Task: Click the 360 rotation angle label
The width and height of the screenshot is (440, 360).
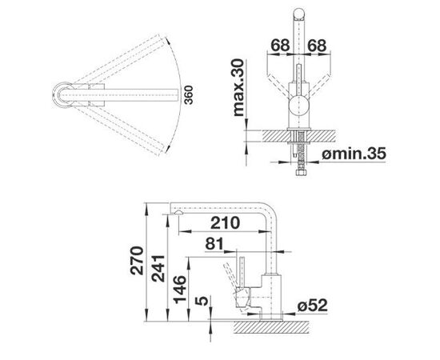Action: (189, 95)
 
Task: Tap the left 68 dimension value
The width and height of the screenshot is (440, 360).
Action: (280, 45)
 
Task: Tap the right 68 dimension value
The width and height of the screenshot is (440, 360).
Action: (317, 45)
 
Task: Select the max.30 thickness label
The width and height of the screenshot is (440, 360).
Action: (239, 87)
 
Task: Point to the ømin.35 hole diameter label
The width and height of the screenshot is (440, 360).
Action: (354, 154)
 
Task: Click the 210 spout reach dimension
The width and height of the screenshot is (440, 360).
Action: (225, 222)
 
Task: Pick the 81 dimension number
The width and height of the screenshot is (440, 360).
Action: (214, 244)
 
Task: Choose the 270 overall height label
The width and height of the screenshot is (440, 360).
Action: (137, 260)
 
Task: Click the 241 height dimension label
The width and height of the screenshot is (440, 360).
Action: (158, 268)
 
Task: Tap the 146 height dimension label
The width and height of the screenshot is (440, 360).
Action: (179, 290)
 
